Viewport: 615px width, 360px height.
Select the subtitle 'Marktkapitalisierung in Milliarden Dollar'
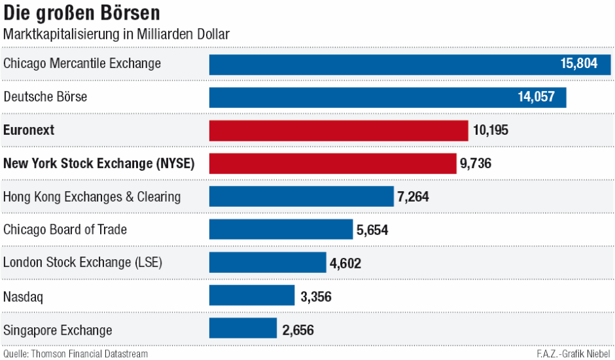point(116,35)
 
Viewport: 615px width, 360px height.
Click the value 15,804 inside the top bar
point(579,64)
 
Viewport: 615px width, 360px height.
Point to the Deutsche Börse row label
point(45,97)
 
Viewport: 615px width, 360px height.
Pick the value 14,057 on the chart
point(536,98)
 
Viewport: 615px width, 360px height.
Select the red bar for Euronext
point(338,130)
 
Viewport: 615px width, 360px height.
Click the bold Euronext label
point(29,130)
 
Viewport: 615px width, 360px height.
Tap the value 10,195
point(490,130)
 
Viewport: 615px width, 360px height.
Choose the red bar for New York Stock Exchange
point(332,164)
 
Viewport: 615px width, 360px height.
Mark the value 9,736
point(476,164)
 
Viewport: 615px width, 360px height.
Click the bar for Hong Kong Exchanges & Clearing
point(301,196)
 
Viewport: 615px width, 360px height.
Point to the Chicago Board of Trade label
point(65,230)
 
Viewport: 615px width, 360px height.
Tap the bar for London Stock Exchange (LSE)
point(267,262)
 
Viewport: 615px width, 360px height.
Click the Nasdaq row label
point(23,297)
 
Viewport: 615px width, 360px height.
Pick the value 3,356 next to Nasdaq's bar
point(316,297)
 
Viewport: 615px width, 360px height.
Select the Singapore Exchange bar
point(243,329)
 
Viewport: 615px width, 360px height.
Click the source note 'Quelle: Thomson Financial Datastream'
point(75,354)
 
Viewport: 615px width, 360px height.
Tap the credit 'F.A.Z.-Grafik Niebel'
point(573,354)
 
